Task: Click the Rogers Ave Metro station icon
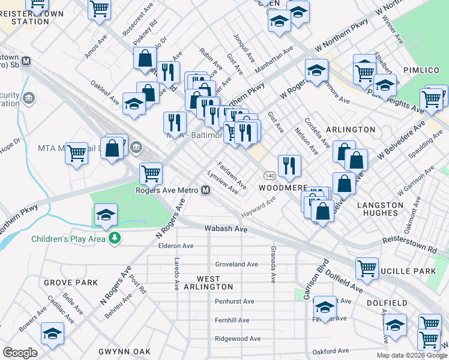click(x=205, y=191)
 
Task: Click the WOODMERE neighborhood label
click(x=283, y=188)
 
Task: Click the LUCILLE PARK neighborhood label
click(x=412, y=271)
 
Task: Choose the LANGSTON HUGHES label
click(x=380, y=210)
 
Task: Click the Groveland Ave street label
click(x=236, y=264)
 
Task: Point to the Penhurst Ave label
click(x=235, y=301)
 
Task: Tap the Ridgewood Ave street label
click(x=238, y=338)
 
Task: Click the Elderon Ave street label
click(x=175, y=246)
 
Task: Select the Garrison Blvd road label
click(x=315, y=279)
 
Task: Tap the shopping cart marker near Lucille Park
click(x=367, y=269)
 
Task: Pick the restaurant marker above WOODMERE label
click(x=289, y=166)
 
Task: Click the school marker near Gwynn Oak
click(x=53, y=334)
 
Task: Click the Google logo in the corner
click(x=20, y=353)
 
